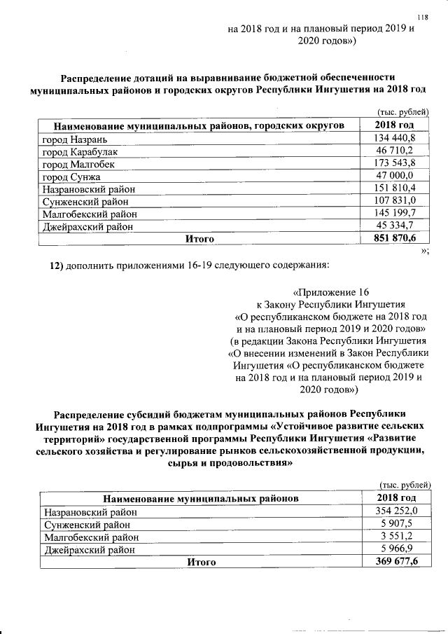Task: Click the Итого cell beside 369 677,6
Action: (x=200, y=562)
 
